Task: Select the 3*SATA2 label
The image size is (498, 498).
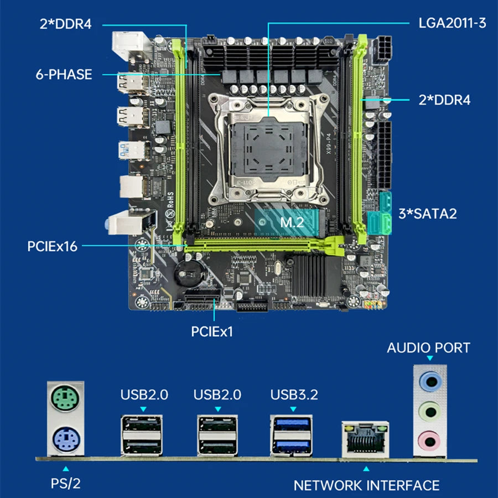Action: [428, 213]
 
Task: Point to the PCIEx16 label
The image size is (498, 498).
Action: [52, 246]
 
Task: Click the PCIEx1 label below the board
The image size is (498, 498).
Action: [212, 331]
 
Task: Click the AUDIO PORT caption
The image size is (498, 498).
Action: [428, 348]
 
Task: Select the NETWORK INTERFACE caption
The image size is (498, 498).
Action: [366, 485]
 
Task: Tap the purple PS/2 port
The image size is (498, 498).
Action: [65, 440]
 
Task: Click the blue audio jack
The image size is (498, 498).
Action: [430, 382]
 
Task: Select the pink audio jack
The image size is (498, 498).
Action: [430, 439]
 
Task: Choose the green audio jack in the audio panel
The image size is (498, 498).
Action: [430, 411]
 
